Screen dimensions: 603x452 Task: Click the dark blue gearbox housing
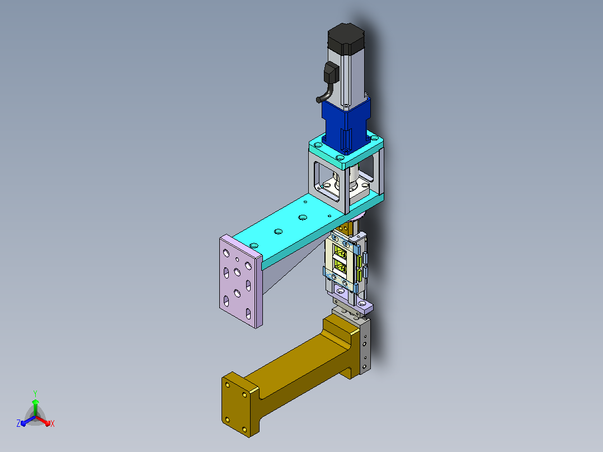click(346, 125)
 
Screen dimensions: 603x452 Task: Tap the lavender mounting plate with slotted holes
click(241, 281)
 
